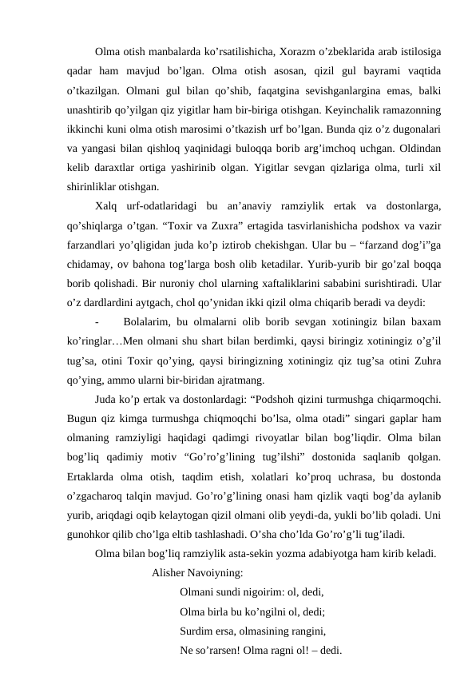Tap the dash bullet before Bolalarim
[97, 321]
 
